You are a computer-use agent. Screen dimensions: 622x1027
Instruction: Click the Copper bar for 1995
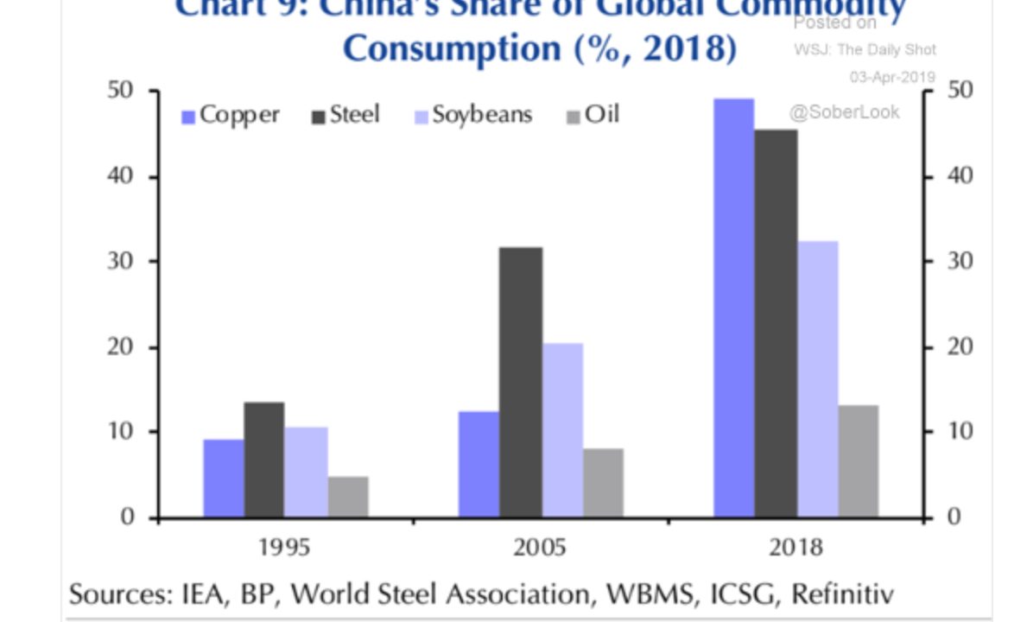click(x=224, y=479)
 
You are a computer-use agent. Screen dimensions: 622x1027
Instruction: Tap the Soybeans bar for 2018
click(x=817, y=379)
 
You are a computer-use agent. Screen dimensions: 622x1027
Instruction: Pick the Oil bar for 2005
click(x=603, y=483)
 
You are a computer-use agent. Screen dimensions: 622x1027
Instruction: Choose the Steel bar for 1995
click(x=264, y=460)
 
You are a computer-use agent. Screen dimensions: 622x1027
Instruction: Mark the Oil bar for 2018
click(x=858, y=461)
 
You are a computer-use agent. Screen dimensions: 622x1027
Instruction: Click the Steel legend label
click(x=355, y=115)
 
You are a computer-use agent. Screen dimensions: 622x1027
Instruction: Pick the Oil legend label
click(x=602, y=115)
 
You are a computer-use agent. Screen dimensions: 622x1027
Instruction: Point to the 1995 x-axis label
click(x=285, y=549)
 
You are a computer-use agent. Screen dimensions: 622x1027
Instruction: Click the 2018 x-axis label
click(x=796, y=549)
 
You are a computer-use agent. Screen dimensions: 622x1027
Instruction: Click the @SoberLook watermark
click(x=843, y=111)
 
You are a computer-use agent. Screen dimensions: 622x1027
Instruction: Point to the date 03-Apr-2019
click(x=892, y=77)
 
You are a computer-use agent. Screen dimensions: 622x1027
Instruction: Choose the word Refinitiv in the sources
click(x=842, y=595)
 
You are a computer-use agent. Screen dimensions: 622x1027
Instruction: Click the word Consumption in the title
click(x=452, y=48)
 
